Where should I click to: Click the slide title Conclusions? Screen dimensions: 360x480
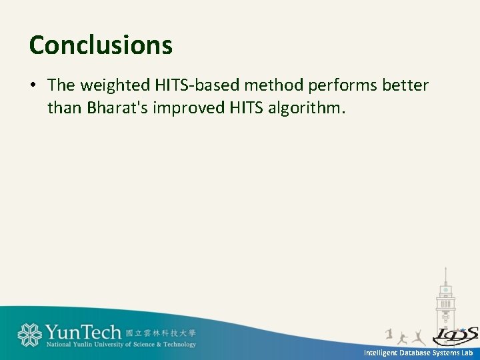[101, 45]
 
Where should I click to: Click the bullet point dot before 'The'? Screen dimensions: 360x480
[33, 85]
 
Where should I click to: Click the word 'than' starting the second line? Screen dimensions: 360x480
[63, 107]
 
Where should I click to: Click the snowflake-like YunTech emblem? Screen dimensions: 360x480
[29, 335]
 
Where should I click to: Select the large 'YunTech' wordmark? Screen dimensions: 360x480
[83, 332]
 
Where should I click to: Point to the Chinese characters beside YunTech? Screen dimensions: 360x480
[161, 332]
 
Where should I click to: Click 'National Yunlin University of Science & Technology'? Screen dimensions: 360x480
[121, 345]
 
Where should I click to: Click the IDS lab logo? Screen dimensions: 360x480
[455, 335]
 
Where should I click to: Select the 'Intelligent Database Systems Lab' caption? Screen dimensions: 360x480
[418, 353]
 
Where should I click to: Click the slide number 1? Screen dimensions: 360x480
[389, 333]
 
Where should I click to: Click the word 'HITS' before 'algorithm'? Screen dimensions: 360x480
[247, 107]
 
